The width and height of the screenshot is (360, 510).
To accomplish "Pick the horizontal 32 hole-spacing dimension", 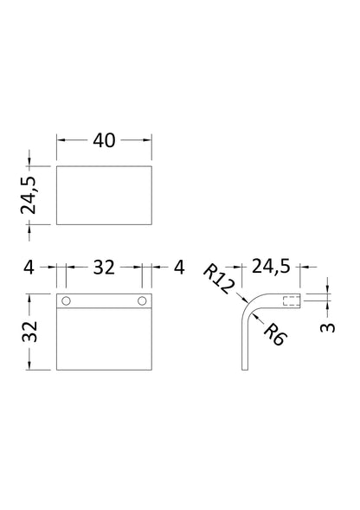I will (104, 268).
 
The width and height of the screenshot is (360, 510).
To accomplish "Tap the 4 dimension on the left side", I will (29, 268).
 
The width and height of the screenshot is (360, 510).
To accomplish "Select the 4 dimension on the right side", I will (179, 268).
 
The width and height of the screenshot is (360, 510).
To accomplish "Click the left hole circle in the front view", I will (67, 301).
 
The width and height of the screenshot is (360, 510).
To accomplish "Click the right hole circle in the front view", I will (142, 301).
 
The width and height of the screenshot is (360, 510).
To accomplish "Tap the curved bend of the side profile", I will (248, 309).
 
